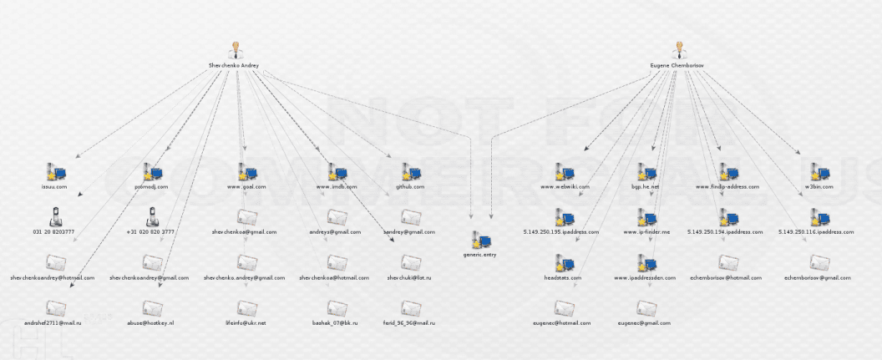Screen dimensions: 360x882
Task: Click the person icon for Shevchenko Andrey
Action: click(235, 50)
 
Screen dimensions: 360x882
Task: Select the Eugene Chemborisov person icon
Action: click(678, 50)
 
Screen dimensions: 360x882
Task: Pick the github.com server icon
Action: click(409, 173)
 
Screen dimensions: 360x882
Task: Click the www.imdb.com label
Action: click(337, 187)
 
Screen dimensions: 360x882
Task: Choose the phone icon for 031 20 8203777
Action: click(54, 217)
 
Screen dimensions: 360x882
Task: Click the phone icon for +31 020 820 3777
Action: click(151, 217)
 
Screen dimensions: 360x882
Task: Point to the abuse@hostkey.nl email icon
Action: click(151, 307)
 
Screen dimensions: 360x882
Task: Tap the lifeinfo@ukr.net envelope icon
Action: click(246, 307)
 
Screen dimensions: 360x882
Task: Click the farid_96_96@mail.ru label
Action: click(409, 322)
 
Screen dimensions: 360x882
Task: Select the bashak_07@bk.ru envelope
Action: click(337, 307)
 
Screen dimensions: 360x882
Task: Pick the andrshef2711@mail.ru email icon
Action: click(54, 307)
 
